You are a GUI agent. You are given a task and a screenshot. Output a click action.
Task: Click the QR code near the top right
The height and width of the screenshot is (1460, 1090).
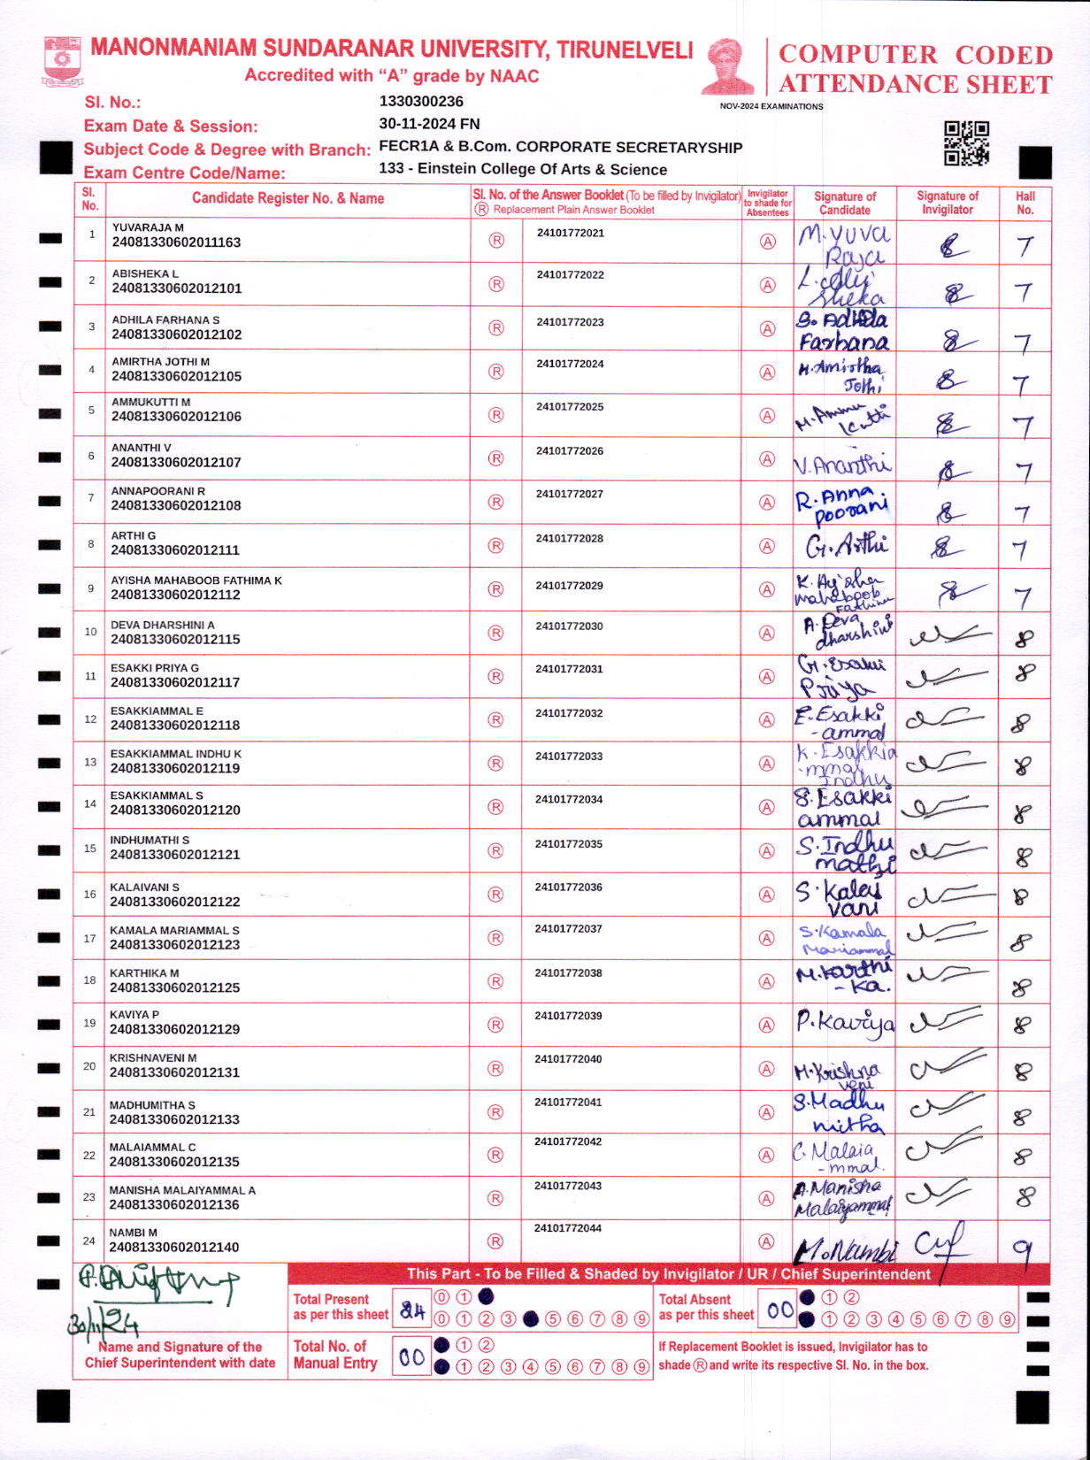click(966, 143)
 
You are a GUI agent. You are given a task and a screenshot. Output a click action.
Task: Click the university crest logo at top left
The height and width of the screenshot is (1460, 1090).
click(62, 60)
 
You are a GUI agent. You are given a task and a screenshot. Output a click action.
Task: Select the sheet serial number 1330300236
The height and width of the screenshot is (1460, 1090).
click(421, 102)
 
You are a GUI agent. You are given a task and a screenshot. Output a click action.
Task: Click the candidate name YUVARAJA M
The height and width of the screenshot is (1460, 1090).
click(148, 227)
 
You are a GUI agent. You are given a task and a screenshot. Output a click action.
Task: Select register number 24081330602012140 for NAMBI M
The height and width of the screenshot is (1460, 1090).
click(174, 1248)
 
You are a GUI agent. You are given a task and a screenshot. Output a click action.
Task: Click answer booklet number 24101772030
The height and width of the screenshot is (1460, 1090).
click(569, 626)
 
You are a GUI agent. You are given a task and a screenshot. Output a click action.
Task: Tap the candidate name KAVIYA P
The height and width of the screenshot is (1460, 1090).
click(134, 1015)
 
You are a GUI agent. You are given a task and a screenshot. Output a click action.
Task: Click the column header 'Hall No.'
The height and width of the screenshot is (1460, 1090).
click(1025, 203)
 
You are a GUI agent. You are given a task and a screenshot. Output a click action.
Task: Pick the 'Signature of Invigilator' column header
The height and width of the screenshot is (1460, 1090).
click(947, 203)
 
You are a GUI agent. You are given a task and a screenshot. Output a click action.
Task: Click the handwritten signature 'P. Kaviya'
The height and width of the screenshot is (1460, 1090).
click(844, 1024)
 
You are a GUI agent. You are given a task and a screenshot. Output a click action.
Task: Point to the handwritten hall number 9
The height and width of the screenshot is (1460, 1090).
click(1023, 1249)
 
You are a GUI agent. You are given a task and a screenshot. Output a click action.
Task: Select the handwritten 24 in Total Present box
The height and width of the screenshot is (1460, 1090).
click(412, 1310)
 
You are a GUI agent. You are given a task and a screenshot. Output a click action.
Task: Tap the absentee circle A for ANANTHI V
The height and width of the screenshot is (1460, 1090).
click(767, 459)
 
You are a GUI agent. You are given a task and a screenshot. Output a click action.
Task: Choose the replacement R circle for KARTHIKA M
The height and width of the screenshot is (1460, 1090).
click(495, 981)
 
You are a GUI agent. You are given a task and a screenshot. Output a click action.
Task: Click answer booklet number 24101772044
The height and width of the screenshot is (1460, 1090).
click(568, 1228)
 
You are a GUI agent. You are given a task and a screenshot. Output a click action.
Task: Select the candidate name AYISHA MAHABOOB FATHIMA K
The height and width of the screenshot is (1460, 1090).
click(196, 580)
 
